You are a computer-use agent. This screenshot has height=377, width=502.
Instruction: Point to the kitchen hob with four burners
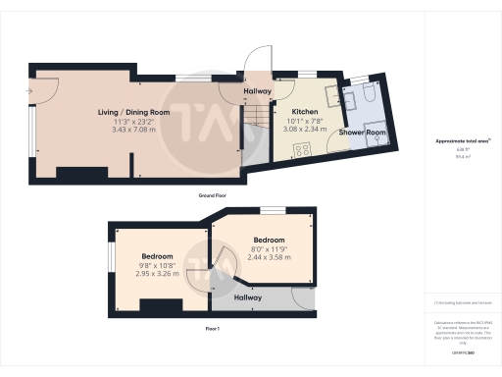tap(303, 150)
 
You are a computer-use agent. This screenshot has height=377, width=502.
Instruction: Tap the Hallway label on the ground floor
tap(257, 91)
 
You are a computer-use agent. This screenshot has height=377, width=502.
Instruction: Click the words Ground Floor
tap(213, 195)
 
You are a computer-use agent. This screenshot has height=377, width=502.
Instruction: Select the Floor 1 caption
tap(213, 327)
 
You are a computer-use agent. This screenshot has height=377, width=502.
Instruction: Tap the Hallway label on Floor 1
tap(247, 296)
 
